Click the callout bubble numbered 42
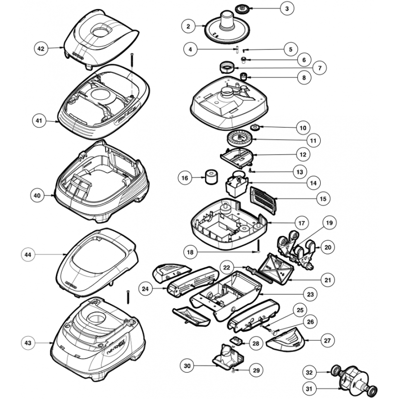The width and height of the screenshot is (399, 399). tap(41, 48)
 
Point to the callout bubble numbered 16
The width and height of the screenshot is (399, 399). tap(185, 178)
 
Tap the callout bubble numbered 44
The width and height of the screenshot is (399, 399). tap(28, 254)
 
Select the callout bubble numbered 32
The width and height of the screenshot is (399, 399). tap(309, 373)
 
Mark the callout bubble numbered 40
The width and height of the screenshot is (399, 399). tap(36, 196)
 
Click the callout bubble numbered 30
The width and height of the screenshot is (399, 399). tap(187, 367)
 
